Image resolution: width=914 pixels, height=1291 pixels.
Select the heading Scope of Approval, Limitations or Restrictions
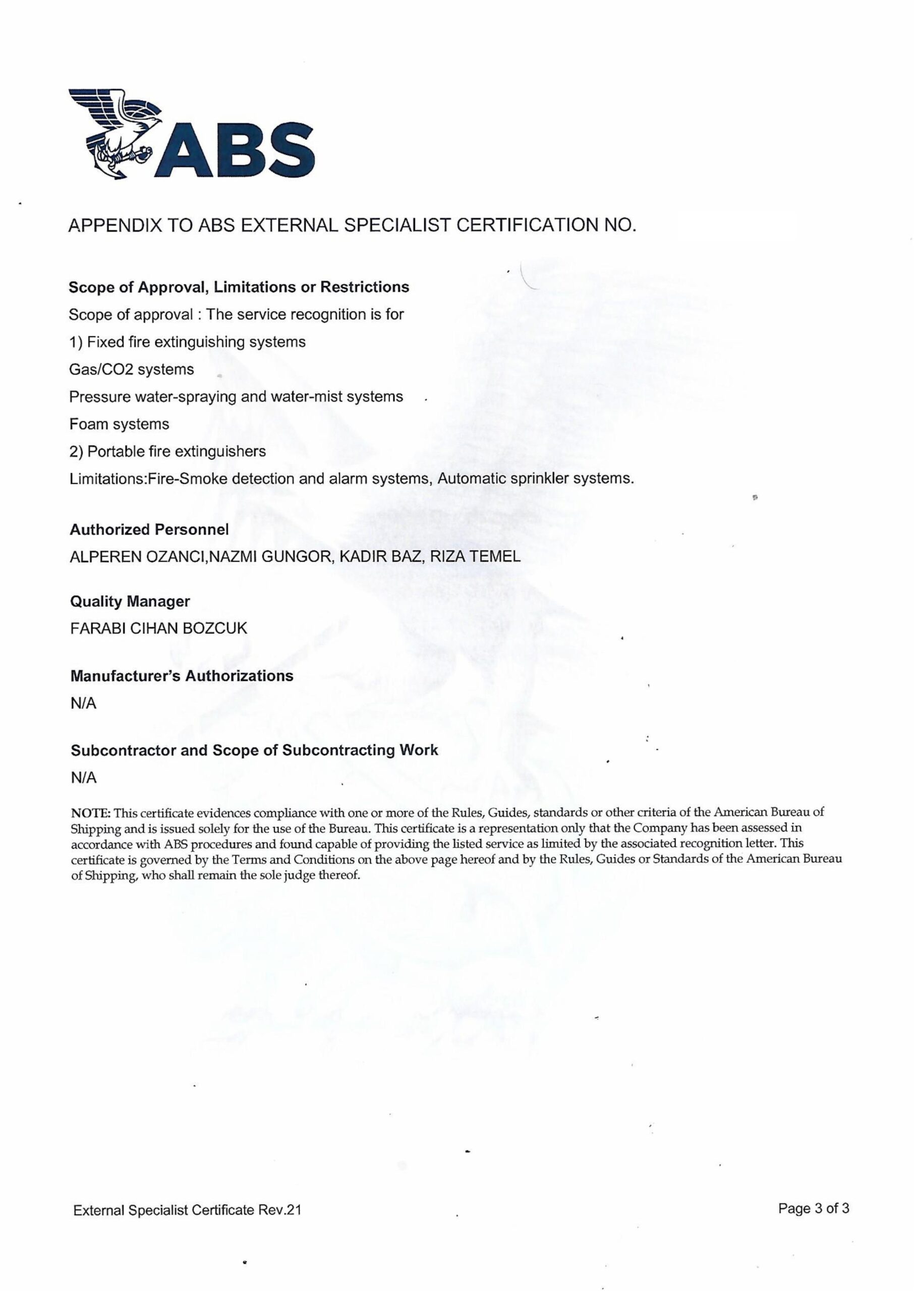pos(239,287)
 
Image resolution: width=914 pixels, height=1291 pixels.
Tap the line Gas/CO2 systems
pos(131,370)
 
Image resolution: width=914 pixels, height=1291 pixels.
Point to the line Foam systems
pos(119,424)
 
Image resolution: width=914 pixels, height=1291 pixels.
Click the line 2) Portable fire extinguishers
pos(167,452)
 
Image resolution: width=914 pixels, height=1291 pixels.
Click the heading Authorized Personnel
pos(149,530)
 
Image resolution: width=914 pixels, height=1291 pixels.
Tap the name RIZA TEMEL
pos(475,557)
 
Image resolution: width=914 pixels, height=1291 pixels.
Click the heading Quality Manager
pos(130,602)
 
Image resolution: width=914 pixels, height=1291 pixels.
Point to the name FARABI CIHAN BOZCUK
pos(159,628)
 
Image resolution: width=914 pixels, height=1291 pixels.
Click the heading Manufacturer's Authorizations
pos(182,676)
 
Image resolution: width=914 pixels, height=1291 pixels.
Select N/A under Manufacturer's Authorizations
pos(83,703)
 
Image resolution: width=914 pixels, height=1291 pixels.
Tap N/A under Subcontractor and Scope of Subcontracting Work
pos(83,778)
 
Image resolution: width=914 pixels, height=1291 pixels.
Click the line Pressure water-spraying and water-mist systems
pos(236,397)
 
